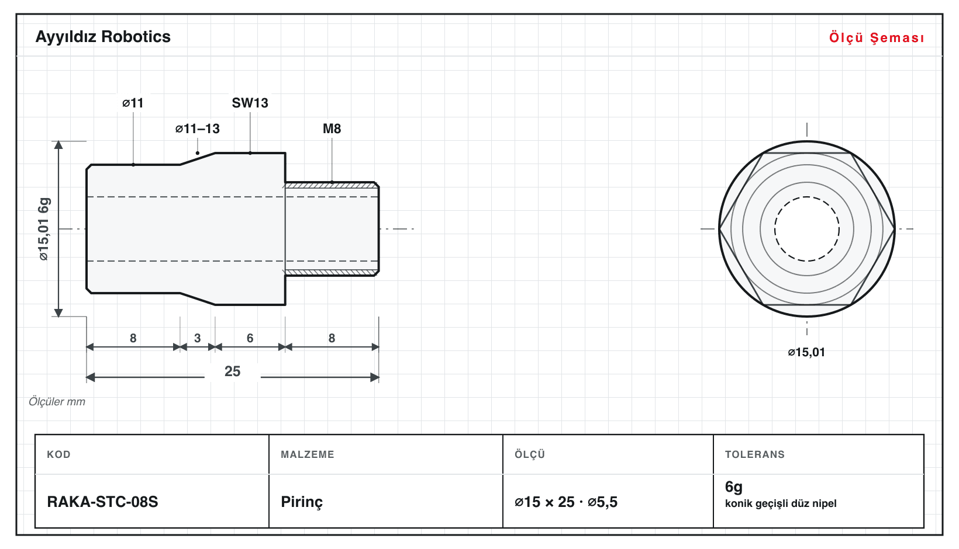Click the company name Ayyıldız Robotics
103,37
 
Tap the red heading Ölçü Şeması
877,37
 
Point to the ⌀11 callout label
133,103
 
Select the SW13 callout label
250,103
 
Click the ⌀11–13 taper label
198,128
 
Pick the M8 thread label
332,128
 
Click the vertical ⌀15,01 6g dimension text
44,229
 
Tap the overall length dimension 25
233,371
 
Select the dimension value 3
198,338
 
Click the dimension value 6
250,338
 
